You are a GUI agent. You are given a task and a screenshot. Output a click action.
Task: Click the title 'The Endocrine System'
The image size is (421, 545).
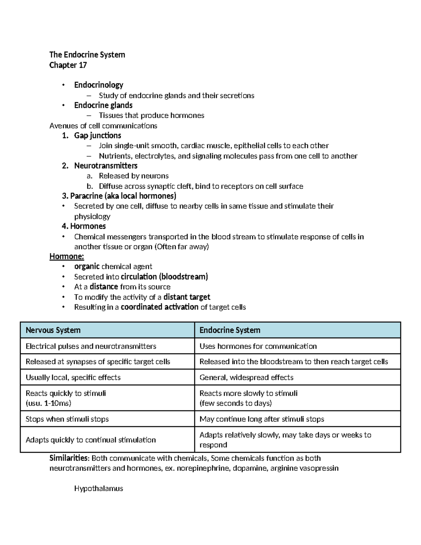click(87, 55)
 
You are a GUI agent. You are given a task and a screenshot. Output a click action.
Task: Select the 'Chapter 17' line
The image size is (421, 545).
click(68, 65)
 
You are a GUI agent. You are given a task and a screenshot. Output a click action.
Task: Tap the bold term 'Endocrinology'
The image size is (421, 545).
click(99, 85)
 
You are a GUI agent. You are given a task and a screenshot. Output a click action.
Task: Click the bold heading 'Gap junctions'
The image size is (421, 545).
click(98, 135)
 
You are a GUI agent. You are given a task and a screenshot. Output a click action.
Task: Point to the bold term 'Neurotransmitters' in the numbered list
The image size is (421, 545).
click(106, 166)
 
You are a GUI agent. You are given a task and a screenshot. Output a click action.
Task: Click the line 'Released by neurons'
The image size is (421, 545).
click(133, 176)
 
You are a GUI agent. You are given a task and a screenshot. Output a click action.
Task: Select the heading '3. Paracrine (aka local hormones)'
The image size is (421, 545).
click(119, 196)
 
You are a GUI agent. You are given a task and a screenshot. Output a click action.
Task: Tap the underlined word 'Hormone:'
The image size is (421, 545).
click(67, 257)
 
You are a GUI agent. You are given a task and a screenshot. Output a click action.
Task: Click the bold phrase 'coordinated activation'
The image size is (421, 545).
click(159, 307)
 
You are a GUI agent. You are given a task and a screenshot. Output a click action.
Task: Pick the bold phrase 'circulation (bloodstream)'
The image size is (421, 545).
click(164, 277)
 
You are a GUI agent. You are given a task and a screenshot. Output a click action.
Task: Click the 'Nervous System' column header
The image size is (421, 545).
click(53, 330)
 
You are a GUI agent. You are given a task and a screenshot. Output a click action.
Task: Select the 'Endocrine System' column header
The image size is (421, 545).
click(230, 330)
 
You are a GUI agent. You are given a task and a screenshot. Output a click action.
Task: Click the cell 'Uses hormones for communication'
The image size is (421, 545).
click(258, 346)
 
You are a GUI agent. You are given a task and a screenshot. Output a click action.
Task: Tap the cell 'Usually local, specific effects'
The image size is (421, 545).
click(73, 378)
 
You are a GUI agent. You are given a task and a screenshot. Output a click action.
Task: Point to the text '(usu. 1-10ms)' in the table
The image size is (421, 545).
click(48, 403)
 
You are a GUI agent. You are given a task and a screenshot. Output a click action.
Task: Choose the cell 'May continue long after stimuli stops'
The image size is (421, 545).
click(262, 419)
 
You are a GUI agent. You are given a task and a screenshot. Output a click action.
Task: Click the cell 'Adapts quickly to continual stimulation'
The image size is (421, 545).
click(91, 440)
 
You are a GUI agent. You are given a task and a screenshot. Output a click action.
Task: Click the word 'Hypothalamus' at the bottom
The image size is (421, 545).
click(99, 488)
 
